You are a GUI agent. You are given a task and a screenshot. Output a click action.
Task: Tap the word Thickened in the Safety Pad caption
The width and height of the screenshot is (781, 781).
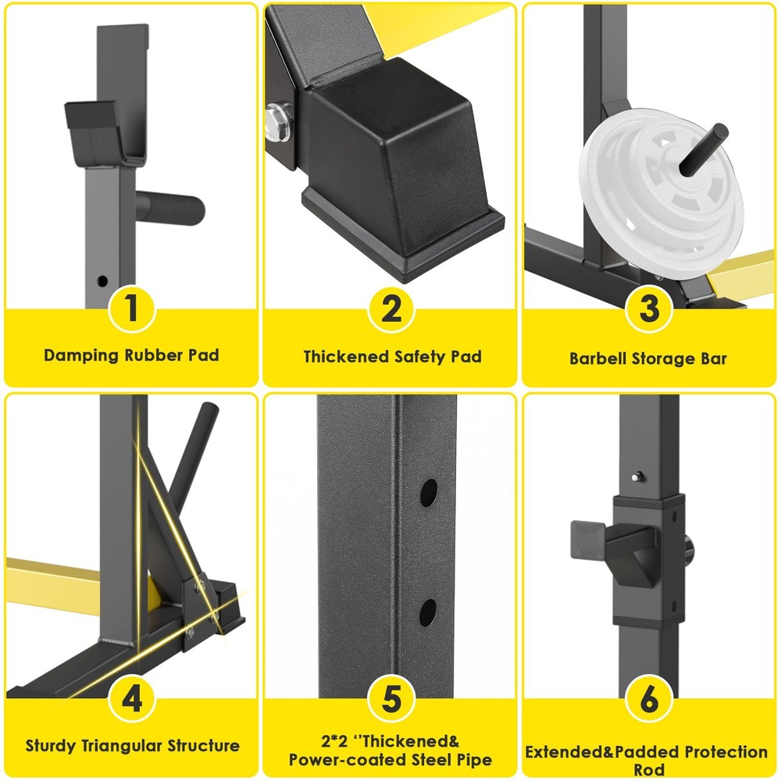tap(346, 357)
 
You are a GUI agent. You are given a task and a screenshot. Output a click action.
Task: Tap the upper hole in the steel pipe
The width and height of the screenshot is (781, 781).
tap(430, 492)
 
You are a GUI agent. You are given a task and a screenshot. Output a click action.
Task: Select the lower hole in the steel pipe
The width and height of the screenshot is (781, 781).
tap(429, 612)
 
